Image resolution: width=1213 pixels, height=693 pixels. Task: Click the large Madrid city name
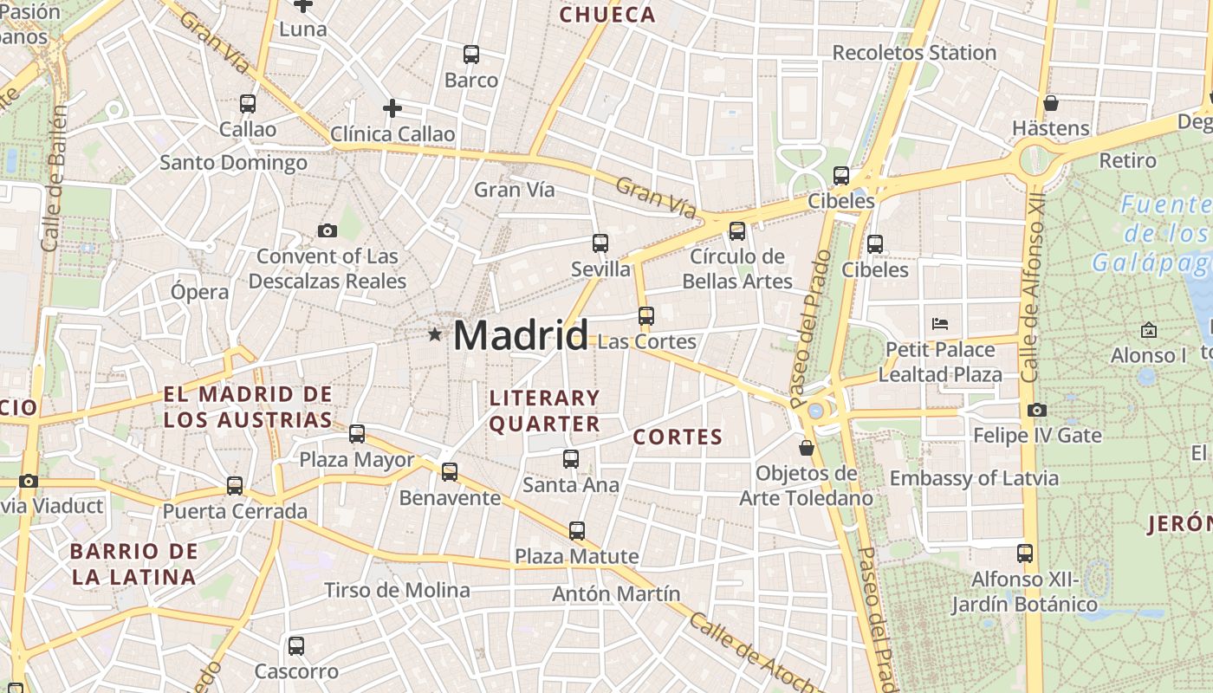coord(520,335)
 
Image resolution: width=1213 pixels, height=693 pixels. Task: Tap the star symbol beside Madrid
coord(434,334)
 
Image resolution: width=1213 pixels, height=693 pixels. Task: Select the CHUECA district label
coord(606,15)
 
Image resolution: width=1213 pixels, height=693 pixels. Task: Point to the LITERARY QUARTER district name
coord(544,411)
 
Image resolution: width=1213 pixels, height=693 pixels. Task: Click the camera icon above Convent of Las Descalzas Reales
coord(327,230)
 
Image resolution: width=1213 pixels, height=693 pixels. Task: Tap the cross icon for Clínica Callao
coord(392,108)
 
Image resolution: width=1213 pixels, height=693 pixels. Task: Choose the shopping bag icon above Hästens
coord(1051,103)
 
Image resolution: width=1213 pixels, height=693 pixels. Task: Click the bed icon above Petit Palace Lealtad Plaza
coord(940,324)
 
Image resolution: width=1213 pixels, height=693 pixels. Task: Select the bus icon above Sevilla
coord(600,243)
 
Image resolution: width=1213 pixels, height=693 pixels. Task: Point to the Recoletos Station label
coord(914,53)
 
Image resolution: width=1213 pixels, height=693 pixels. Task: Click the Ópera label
coord(199,292)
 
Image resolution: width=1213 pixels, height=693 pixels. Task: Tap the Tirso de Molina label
coord(397,591)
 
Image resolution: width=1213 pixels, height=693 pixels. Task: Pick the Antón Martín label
coord(616,594)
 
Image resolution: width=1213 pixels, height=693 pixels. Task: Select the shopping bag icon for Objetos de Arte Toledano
coord(806,448)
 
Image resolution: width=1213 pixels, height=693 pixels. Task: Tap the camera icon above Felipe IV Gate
coord(1036,410)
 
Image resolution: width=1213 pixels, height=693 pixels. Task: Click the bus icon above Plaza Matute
coord(576,531)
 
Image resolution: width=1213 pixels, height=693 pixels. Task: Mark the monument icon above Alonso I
coord(1148,330)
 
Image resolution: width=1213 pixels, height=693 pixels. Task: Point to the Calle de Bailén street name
coord(54,178)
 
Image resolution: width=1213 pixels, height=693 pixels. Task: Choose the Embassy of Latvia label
coord(973,478)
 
